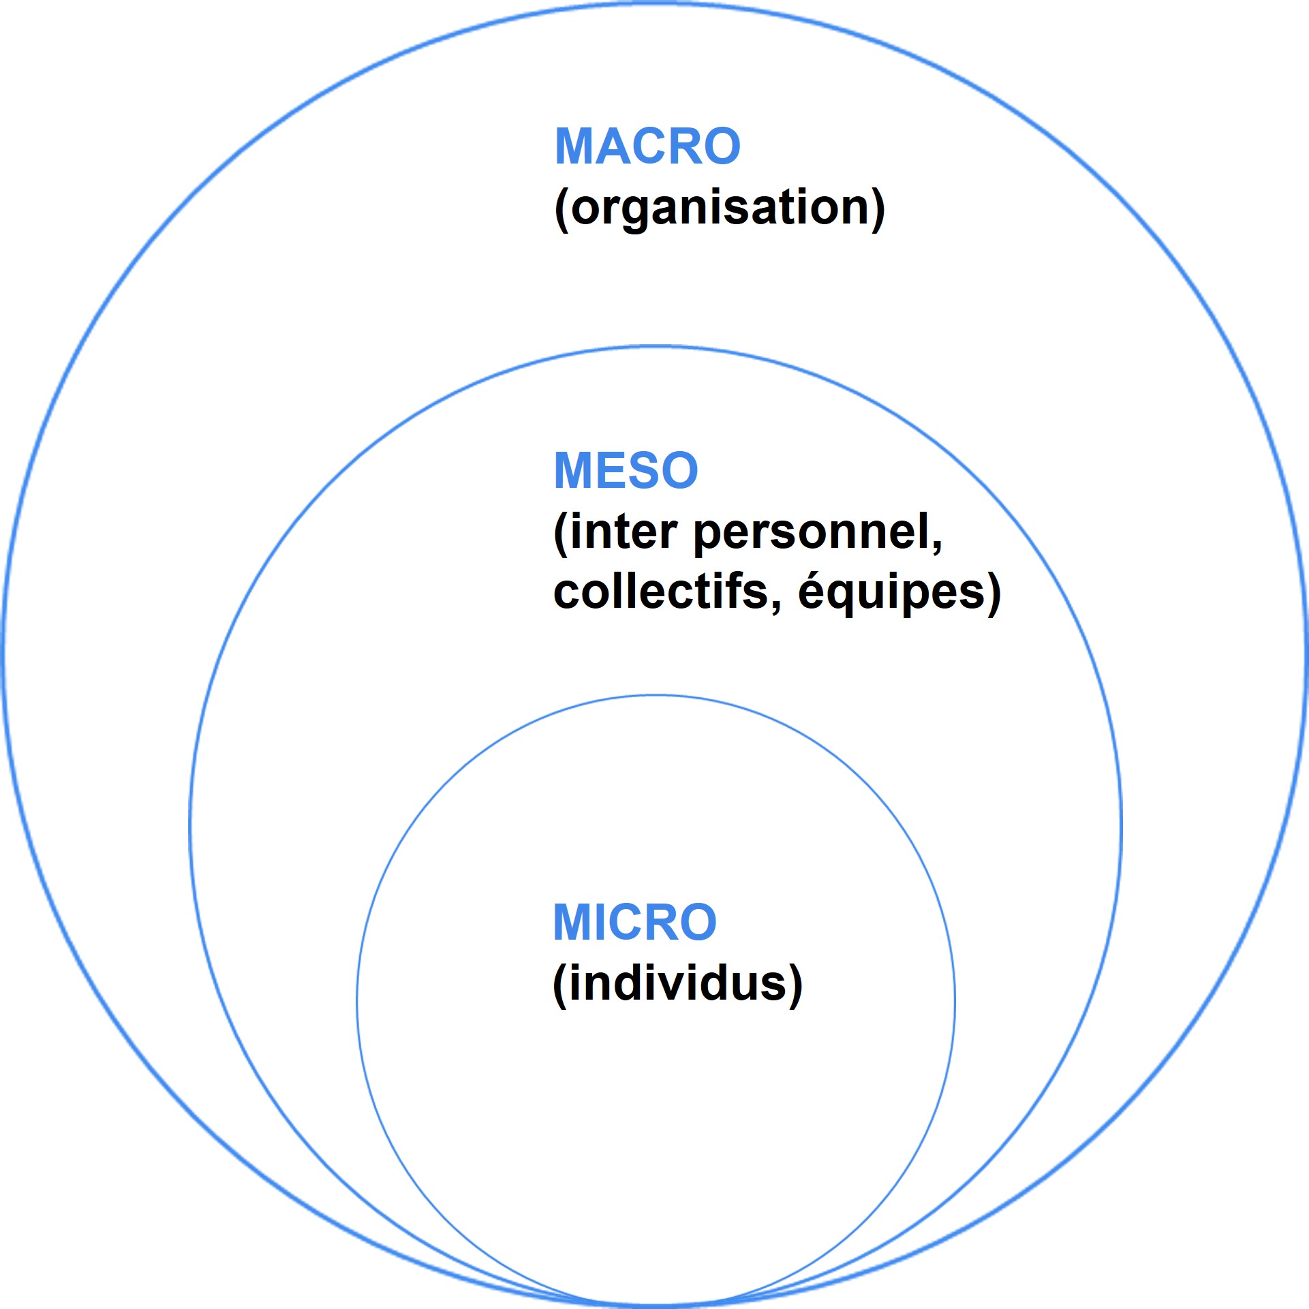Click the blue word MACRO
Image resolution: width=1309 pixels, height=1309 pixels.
[647, 147]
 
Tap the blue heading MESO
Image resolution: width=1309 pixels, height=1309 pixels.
[626, 471]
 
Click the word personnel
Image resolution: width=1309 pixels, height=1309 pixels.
[811, 534]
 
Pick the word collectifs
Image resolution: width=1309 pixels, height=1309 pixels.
[660, 591]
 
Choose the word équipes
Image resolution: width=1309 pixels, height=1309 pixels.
[891, 592]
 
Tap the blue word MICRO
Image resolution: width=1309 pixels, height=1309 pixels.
[634, 923]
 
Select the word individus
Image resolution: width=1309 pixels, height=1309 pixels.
[677, 983]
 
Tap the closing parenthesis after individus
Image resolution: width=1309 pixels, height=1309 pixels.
[796, 985]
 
